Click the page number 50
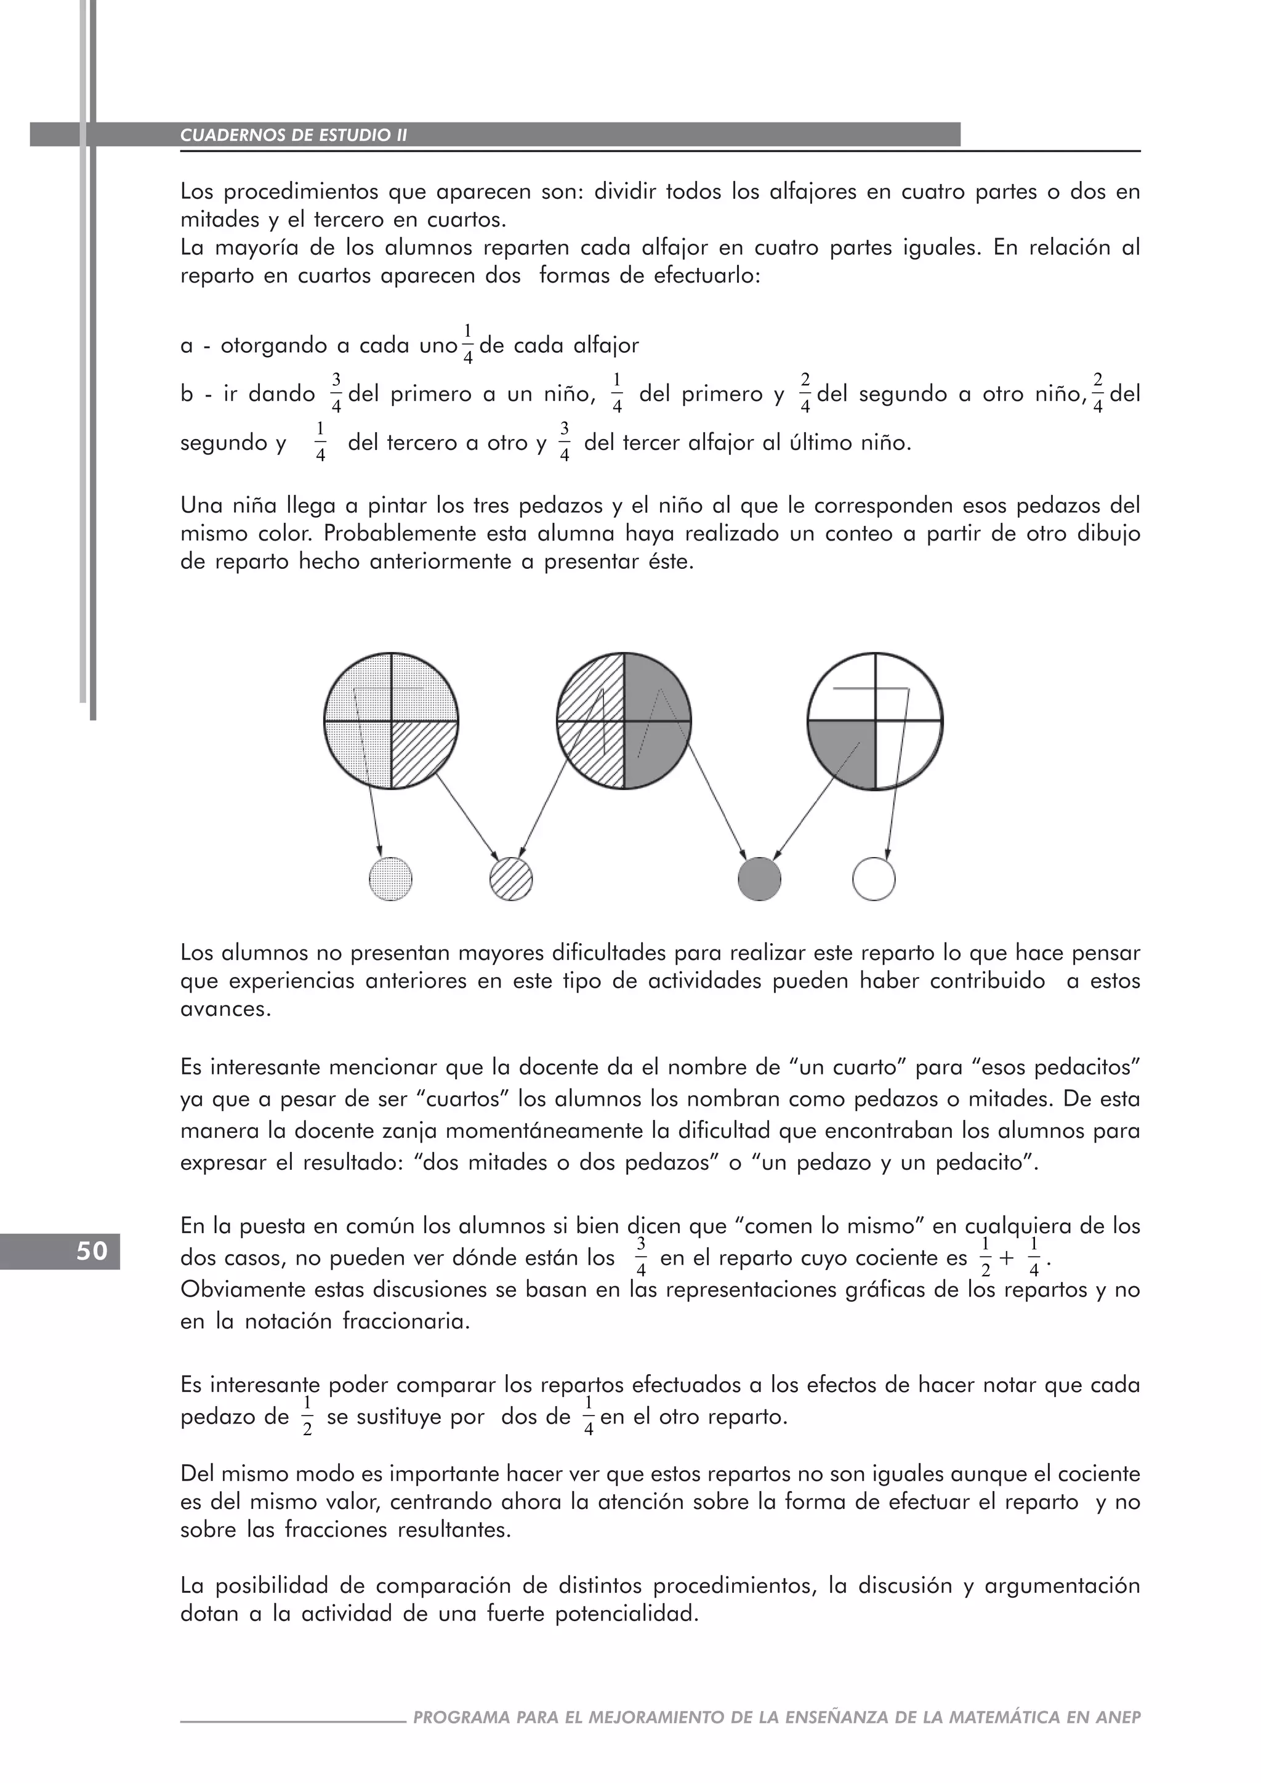[x=92, y=1251]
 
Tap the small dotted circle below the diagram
[x=390, y=879]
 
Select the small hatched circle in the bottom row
[x=512, y=879]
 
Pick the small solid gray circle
[x=759, y=879]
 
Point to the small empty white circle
[x=874, y=879]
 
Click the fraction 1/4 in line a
[x=467, y=344]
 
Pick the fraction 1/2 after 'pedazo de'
[x=307, y=1417]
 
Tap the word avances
[x=225, y=1010]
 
